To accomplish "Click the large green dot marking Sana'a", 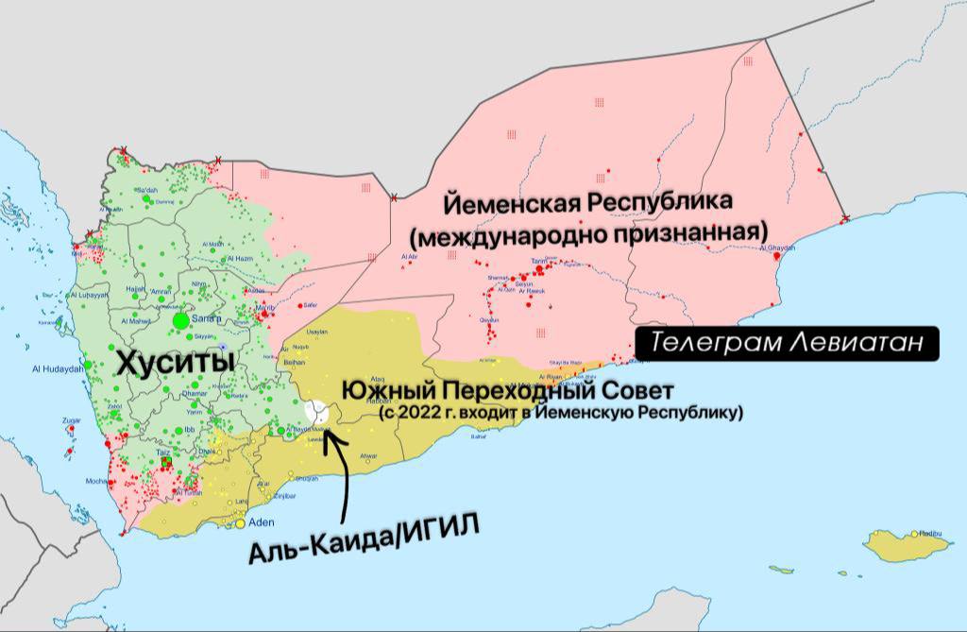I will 180,321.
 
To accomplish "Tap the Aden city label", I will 261,521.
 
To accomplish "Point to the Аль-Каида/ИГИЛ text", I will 364,540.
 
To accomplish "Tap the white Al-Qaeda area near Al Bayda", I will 317,413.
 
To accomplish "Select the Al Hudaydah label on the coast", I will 53,368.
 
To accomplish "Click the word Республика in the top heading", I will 661,203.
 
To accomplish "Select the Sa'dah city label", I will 144,190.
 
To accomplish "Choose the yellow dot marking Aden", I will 241,522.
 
